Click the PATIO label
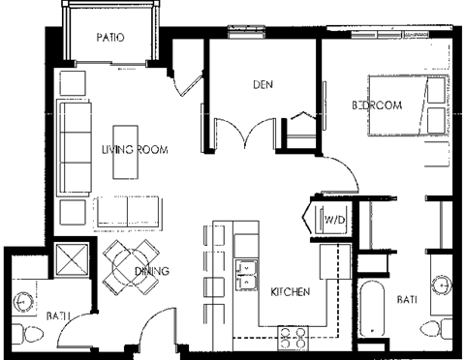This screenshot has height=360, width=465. coord(112,38)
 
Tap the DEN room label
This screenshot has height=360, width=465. coord(263,84)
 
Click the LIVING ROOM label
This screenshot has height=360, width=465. coord(135,150)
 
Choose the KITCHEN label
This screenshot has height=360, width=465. coord(289,292)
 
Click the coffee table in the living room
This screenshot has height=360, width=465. coord(126,150)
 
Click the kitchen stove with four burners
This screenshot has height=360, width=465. coord(293,337)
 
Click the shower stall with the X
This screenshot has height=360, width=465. coord(72,259)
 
